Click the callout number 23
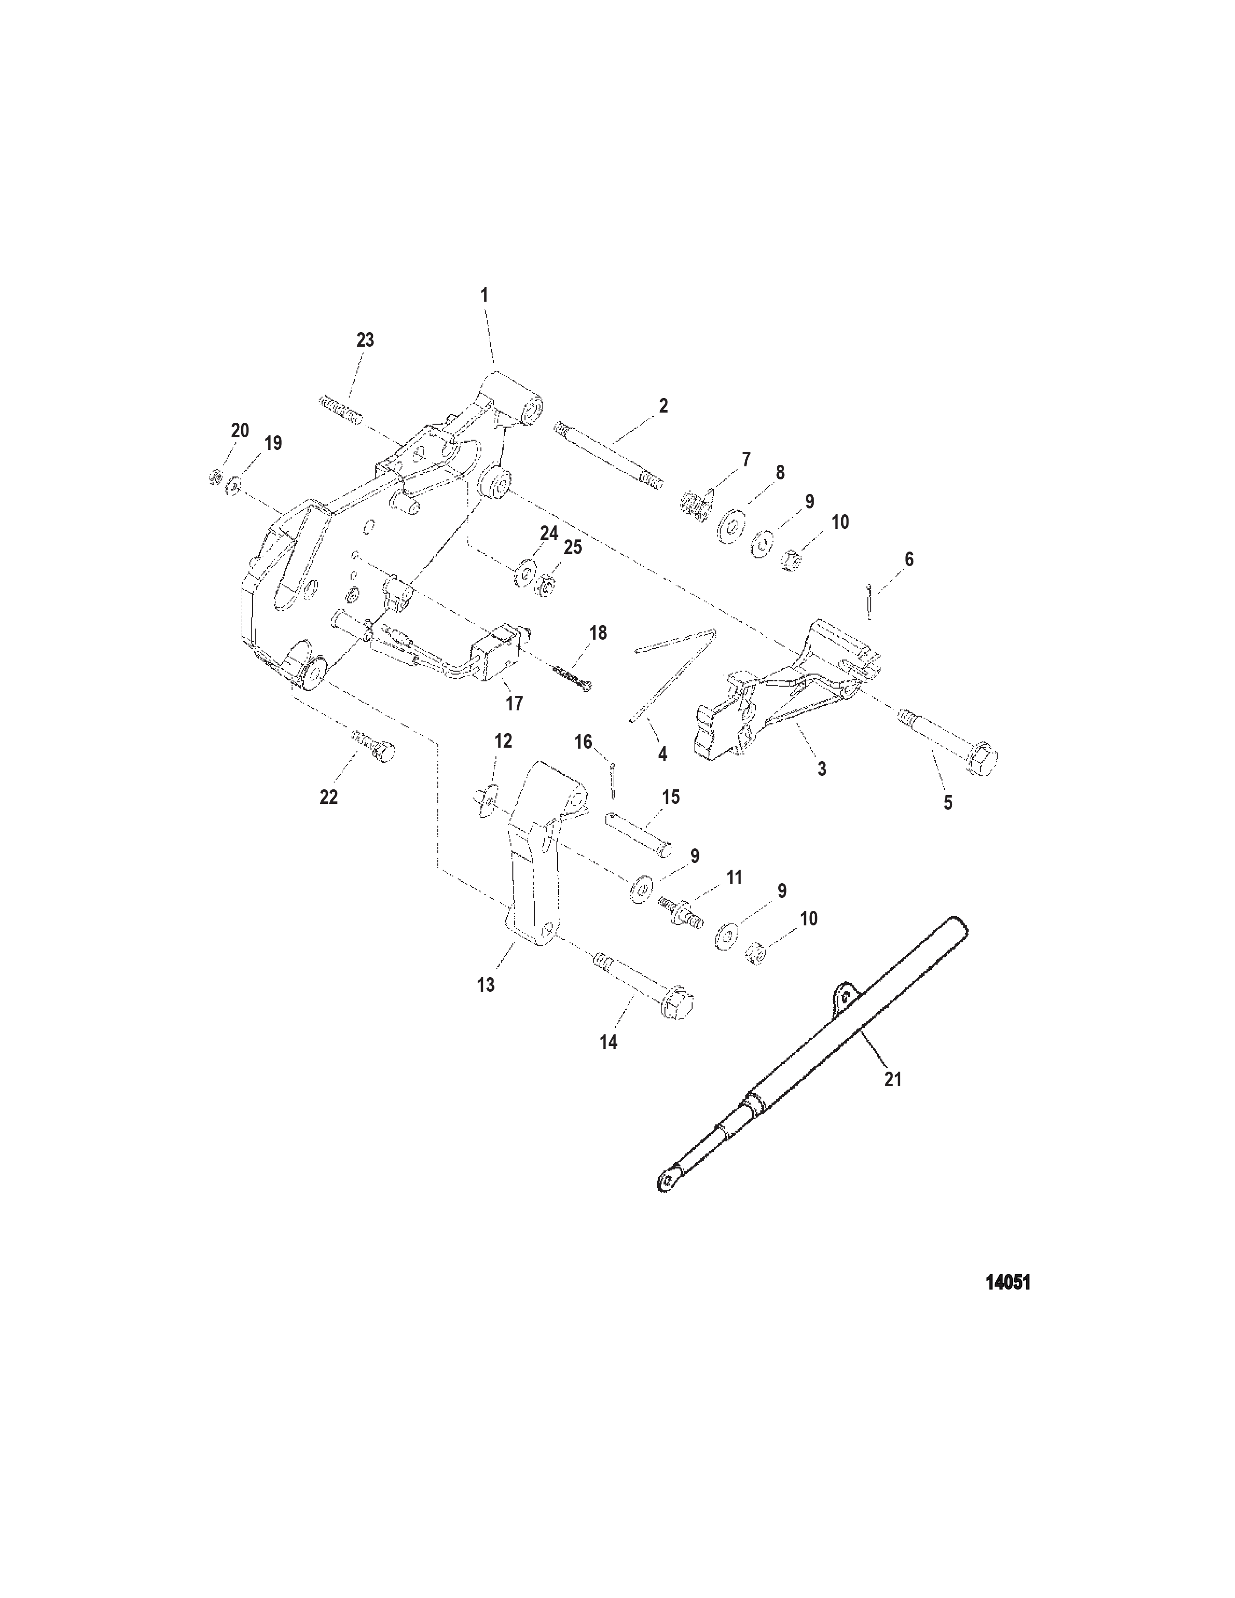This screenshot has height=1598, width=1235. [x=365, y=340]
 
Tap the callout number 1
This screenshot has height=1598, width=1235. [x=484, y=295]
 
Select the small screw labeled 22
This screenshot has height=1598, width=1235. [x=373, y=743]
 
